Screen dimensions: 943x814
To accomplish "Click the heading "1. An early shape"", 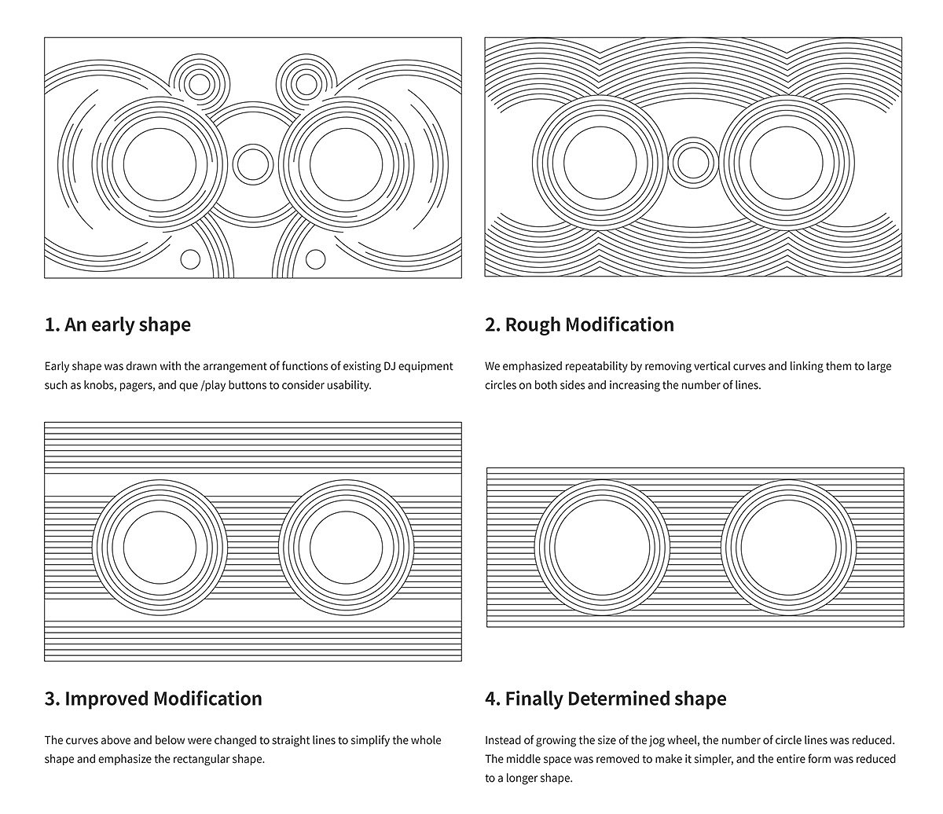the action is (x=117, y=324).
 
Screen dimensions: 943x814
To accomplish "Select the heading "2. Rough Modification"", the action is (x=579, y=324).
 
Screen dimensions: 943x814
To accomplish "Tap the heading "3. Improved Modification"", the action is (x=153, y=698).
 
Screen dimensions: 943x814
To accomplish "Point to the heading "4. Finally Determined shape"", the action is (x=605, y=698).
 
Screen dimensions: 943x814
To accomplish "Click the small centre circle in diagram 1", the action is (x=252, y=163).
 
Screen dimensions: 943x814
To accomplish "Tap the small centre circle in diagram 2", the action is (x=692, y=163).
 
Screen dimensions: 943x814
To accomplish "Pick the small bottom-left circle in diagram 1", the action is (x=190, y=258).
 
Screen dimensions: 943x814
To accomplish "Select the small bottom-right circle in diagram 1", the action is (x=315, y=258).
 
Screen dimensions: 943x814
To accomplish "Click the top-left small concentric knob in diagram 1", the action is (x=199, y=83).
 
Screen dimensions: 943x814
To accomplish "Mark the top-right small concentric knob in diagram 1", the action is (x=306, y=82).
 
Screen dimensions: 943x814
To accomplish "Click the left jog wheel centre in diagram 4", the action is (x=601, y=547).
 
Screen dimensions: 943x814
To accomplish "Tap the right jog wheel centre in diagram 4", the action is (x=788, y=547).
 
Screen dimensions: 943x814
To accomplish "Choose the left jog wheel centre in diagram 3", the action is (x=160, y=548).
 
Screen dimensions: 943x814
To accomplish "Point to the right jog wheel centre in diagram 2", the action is (x=786, y=163).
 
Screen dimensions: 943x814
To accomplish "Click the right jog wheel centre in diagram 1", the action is (x=346, y=163).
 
